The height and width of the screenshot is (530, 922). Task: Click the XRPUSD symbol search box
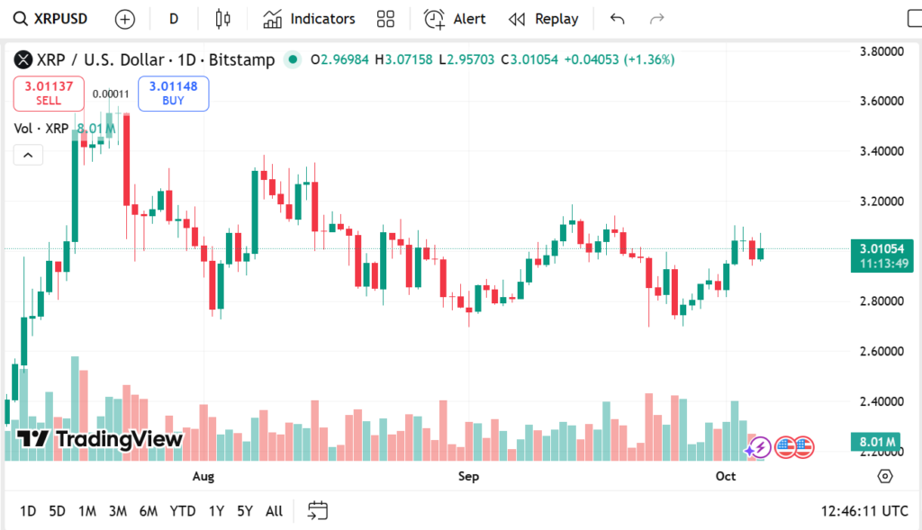(54, 19)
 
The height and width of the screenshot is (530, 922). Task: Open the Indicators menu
(309, 19)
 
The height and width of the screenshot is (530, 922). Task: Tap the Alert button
(455, 19)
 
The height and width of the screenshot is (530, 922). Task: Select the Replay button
(544, 19)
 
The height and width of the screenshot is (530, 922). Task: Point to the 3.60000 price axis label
(881, 101)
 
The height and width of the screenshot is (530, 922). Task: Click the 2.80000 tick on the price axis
(881, 301)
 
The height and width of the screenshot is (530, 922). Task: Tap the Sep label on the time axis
(468, 476)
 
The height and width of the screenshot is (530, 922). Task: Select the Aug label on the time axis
(203, 476)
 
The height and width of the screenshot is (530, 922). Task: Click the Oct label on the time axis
(725, 476)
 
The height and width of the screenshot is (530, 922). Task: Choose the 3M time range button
(117, 511)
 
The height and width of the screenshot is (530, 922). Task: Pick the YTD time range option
(183, 511)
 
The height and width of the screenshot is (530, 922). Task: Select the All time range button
(274, 511)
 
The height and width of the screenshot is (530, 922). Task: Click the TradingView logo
(100, 439)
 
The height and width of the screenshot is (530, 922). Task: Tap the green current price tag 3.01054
(881, 255)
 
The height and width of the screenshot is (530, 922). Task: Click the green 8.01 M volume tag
(876, 442)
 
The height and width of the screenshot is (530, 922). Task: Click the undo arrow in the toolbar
(617, 19)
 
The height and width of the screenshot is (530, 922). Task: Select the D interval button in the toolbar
(174, 19)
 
